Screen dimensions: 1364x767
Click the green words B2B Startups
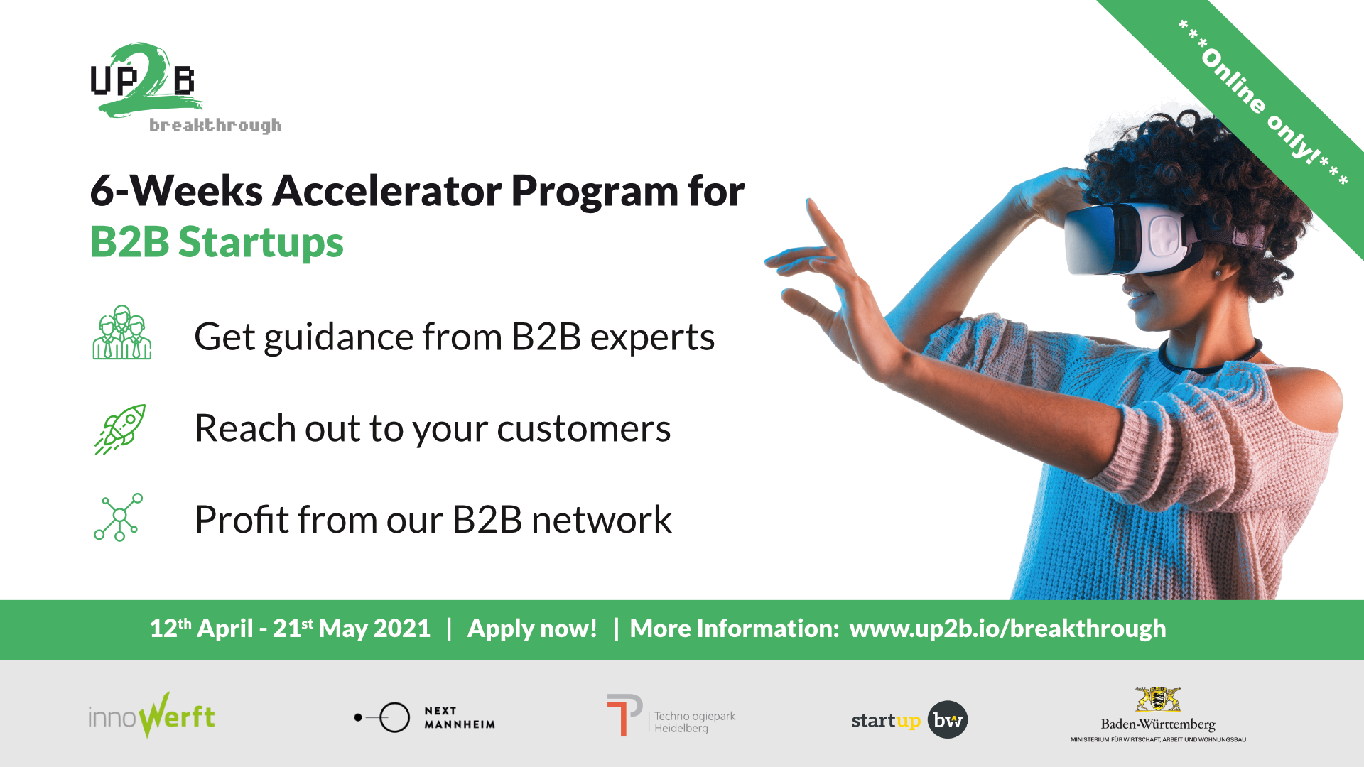[x=217, y=242]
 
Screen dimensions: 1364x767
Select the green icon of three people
[x=122, y=332]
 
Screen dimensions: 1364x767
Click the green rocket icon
[x=120, y=429]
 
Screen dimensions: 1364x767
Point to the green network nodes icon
[x=119, y=517]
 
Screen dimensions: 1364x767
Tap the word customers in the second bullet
[x=583, y=428]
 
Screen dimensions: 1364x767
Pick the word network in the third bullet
[x=601, y=519]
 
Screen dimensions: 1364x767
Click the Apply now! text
[x=532, y=629]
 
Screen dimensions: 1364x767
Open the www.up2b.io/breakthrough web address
[x=1007, y=629]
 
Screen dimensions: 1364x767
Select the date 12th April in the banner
[x=201, y=629]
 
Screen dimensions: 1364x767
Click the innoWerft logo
[x=151, y=716]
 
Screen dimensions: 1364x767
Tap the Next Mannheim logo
[x=425, y=717]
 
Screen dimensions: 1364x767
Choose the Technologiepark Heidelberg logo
[x=671, y=716]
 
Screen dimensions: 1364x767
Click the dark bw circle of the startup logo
[x=948, y=719]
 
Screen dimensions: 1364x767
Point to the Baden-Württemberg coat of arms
[x=1158, y=700]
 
